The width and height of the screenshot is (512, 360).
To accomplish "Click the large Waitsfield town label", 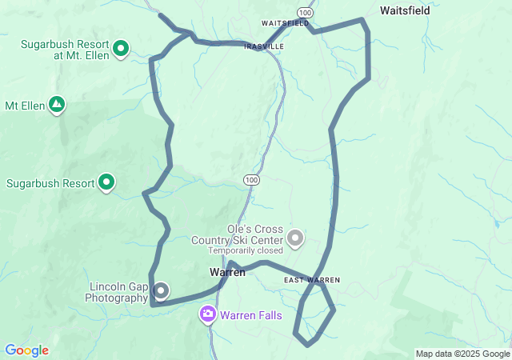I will (x=406, y=11).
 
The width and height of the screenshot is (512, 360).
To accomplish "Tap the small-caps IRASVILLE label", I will (x=264, y=46).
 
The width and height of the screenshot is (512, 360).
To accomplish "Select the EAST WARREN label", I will (x=312, y=280).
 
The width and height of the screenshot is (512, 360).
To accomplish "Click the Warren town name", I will (x=227, y=272).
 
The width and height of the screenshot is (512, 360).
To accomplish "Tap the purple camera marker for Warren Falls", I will (x=208, y=314).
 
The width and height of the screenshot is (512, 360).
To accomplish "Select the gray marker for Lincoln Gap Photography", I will (x=161, y=290).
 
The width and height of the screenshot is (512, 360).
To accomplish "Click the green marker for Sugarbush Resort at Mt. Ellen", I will (x=120, y=50).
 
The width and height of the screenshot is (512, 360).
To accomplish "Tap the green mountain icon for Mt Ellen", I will (x=57, y=105).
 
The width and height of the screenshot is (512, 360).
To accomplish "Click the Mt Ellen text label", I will (x=22, y=106).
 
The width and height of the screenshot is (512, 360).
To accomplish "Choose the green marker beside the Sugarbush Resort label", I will (x=106, y=183).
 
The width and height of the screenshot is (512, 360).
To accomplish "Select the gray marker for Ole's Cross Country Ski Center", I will (x=296, y=238).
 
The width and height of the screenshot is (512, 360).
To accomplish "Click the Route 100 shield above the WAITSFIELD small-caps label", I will (x=305, y=12).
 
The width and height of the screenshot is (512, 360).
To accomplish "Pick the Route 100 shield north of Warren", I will (x=252, y=180).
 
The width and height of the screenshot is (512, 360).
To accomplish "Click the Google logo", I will (x=26, y=350).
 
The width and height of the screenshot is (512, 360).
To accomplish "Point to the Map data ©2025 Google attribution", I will (x=462, y=354).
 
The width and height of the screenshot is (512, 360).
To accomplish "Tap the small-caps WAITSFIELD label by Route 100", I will (x=285, y=24).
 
